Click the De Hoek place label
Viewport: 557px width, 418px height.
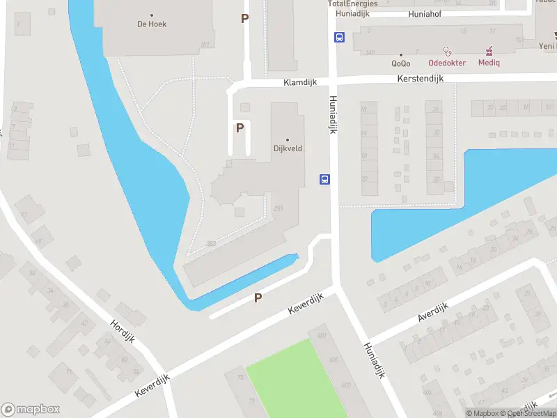pyautogui.click(x=152, y=24)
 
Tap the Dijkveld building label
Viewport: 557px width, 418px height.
pyautogui.click(x=287, y=148)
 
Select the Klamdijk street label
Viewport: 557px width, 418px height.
pyautogui.click(x=300, y=82)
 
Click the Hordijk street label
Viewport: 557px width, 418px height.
pyautogui.click(x=122, y=332)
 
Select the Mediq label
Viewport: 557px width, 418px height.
pyautogui.click(x=489, y=62)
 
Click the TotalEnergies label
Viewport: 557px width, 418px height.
pyautogui.click(x=353, y=3)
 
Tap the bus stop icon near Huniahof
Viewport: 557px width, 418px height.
pyautogui.click(x=339, y=38)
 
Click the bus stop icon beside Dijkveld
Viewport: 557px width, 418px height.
pyautogui.click(x=324, y=179)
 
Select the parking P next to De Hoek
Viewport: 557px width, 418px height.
pyautogui.click(x=244, y=19)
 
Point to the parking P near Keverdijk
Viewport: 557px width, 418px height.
pyautogui.click(x=258, y=298)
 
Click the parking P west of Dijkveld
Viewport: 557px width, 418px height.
pyautogui.click(x=240, y=128)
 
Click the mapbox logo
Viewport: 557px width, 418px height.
pyautogui.click(x=31, y=410)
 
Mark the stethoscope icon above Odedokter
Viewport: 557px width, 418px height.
pyautogui.click(x=448, y=51)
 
